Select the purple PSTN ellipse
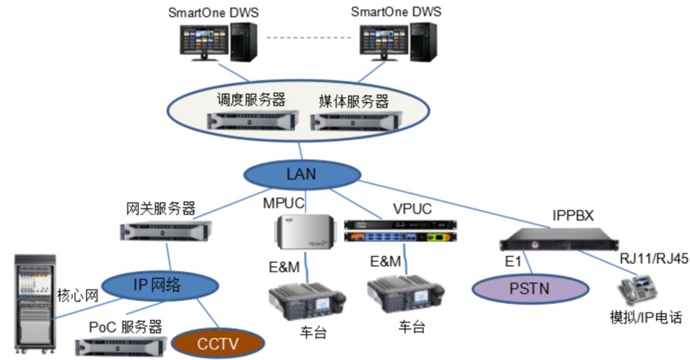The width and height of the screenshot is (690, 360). [531, 288]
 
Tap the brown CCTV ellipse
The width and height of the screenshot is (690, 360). [218, 343]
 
